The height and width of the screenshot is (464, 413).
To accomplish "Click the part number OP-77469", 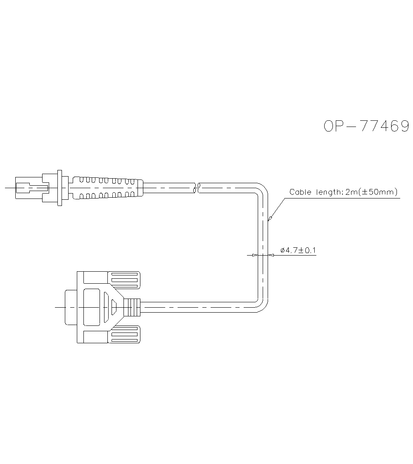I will [x=366, y=127].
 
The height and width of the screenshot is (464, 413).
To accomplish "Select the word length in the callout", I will [x=328, y=192].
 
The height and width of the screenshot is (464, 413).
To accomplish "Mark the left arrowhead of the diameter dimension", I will [x=255, y=255].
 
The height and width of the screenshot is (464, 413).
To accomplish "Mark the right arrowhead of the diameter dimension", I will [x=271, y=255].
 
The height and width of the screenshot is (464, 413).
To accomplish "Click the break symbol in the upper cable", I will [x=197, y=188].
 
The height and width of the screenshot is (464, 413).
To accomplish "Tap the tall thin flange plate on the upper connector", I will [x=60, y=188].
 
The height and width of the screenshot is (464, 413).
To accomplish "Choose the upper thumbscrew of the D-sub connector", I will [x=123, y=280].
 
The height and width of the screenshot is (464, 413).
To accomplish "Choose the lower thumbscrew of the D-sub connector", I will [x=123, y=335].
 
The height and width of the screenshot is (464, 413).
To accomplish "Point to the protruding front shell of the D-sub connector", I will [x=70, y=307].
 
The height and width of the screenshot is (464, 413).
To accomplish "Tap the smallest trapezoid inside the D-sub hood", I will [x=114, y=307].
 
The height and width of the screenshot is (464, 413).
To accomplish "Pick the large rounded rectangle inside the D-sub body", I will [x=91, y=307].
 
